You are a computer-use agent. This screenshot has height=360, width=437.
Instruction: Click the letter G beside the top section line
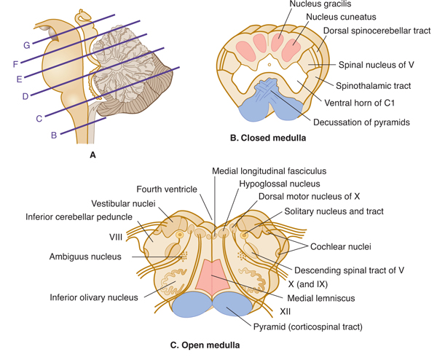click(26, 45)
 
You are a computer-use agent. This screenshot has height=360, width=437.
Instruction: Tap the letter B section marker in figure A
click(53, 135)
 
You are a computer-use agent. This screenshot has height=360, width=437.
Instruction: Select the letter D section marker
click(25, 95)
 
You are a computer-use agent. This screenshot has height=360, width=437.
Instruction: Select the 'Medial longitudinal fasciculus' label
click(269, 171)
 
